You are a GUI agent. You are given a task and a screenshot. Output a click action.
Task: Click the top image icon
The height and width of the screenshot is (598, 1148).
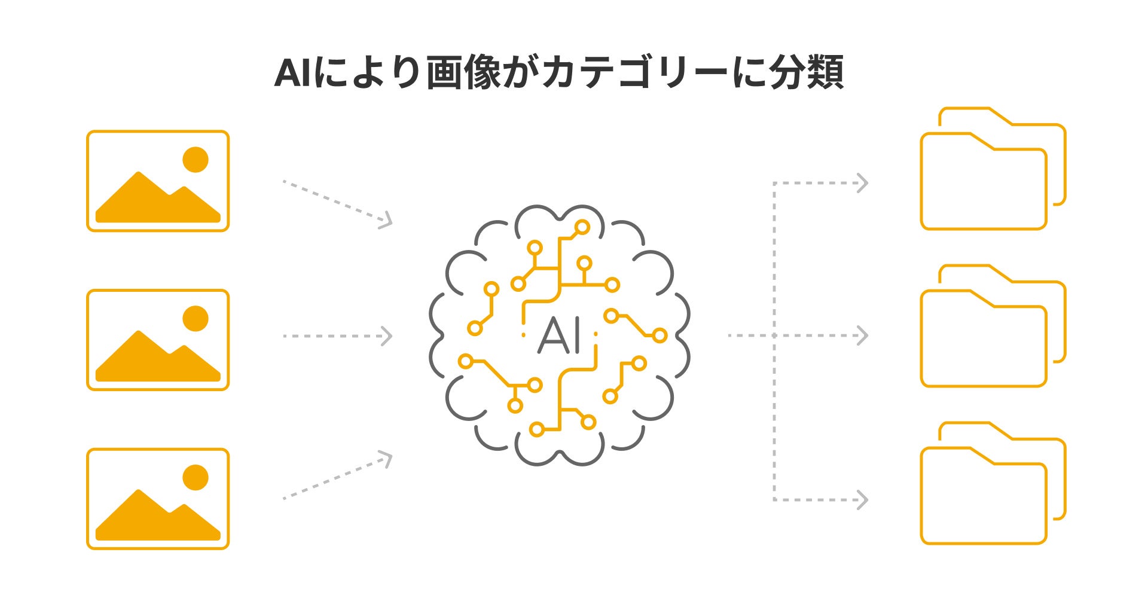[158, 181]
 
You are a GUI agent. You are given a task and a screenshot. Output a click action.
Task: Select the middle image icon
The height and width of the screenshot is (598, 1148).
[158, 340]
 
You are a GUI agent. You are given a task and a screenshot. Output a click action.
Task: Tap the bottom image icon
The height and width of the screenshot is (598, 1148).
[158, 499]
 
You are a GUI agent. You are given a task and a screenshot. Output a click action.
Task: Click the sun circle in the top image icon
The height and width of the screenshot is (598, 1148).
[195, 160]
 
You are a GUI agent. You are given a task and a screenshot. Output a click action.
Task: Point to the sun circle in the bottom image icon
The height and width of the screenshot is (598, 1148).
[195, 478]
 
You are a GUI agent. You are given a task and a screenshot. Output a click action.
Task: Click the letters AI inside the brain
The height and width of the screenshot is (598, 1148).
[560, 336]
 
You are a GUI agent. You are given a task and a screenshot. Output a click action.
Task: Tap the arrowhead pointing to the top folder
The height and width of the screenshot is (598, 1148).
[862, 183]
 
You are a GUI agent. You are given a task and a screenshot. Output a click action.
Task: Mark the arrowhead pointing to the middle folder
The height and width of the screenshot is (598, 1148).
[862, 335]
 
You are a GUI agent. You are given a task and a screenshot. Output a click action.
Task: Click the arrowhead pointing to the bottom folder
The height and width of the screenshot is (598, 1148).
[862, 499]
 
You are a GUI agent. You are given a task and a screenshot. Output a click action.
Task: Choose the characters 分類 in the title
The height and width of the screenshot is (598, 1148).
[807, 73]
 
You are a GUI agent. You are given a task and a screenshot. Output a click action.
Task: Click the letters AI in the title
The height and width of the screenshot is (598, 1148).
[293, 73]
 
